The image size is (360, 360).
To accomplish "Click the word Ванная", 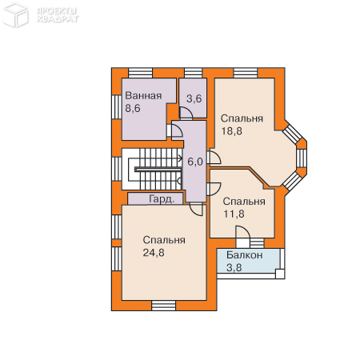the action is point(143,96).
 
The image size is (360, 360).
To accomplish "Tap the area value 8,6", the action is point(133,109).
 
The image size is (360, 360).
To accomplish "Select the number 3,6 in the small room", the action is point(194,99).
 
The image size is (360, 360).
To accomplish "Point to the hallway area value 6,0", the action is point(195,162).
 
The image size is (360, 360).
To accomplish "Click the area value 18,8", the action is point(231,131).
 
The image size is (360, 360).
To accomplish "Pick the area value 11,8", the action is point(234,214).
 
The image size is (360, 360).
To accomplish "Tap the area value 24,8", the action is point(154,253).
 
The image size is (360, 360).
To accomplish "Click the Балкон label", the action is point(245,255).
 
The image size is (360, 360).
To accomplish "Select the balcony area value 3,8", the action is point(234,267).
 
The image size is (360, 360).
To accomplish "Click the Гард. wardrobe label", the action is point(162,199).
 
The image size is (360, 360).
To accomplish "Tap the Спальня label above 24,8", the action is point(164,240).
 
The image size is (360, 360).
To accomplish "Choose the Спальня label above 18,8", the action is point(242,118).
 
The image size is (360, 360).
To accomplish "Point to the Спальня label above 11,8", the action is point(244,202).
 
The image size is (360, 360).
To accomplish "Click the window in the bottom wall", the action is point(164,306).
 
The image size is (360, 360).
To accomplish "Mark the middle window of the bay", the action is point(302,158).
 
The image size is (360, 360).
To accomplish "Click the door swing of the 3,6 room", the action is point(186,113).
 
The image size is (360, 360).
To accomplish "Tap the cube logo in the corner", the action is point(15,15).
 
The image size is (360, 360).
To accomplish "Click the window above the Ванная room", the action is point(140,73).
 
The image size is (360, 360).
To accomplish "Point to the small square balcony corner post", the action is point(280,274).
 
